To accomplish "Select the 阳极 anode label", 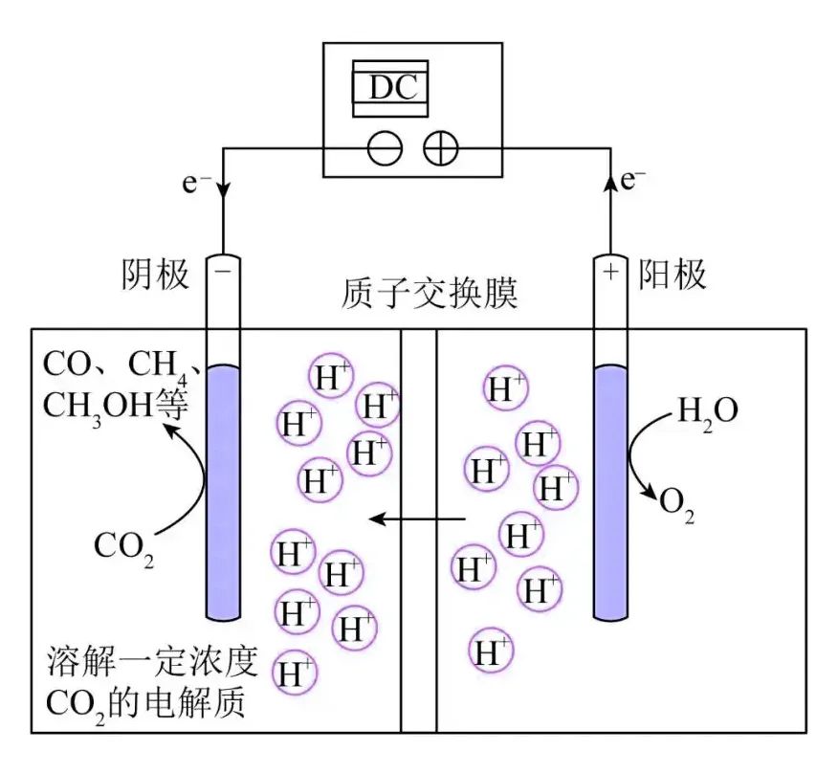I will click(x=675, y=276).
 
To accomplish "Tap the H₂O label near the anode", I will click(x=707, y=411).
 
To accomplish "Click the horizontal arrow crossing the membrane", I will click(x=418, y=519).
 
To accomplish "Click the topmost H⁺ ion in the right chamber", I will click(x=506, y=388).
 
